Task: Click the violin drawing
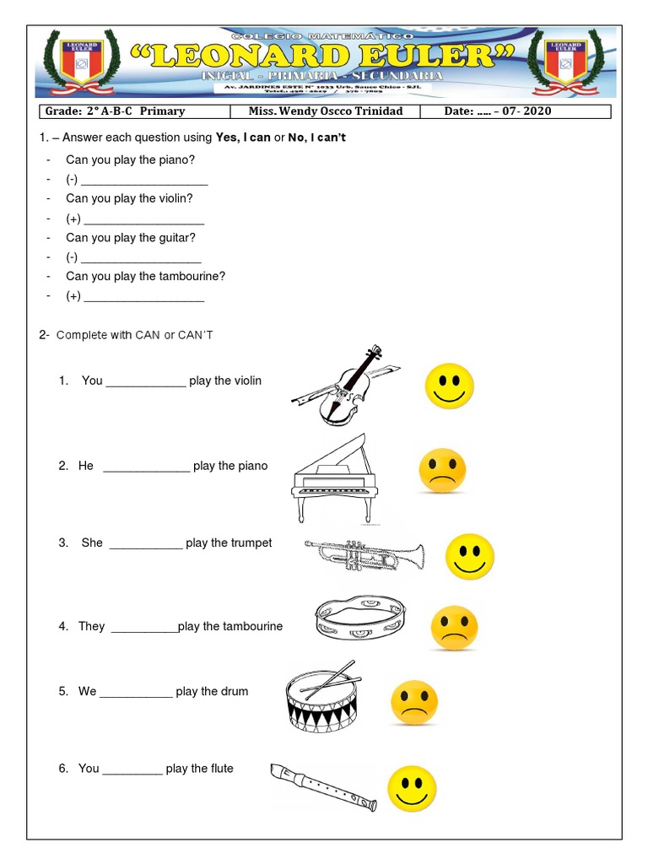pos(344,386)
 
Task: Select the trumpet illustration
pos(364,555)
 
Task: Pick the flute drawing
pos(323,785)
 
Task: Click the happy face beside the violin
pos(449,386)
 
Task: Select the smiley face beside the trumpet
pos(469,556)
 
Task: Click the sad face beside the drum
pos(414,703)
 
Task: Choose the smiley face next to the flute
pos(412,788)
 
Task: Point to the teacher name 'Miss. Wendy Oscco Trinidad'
pos(326,111)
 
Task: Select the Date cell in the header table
pos(521,111)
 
